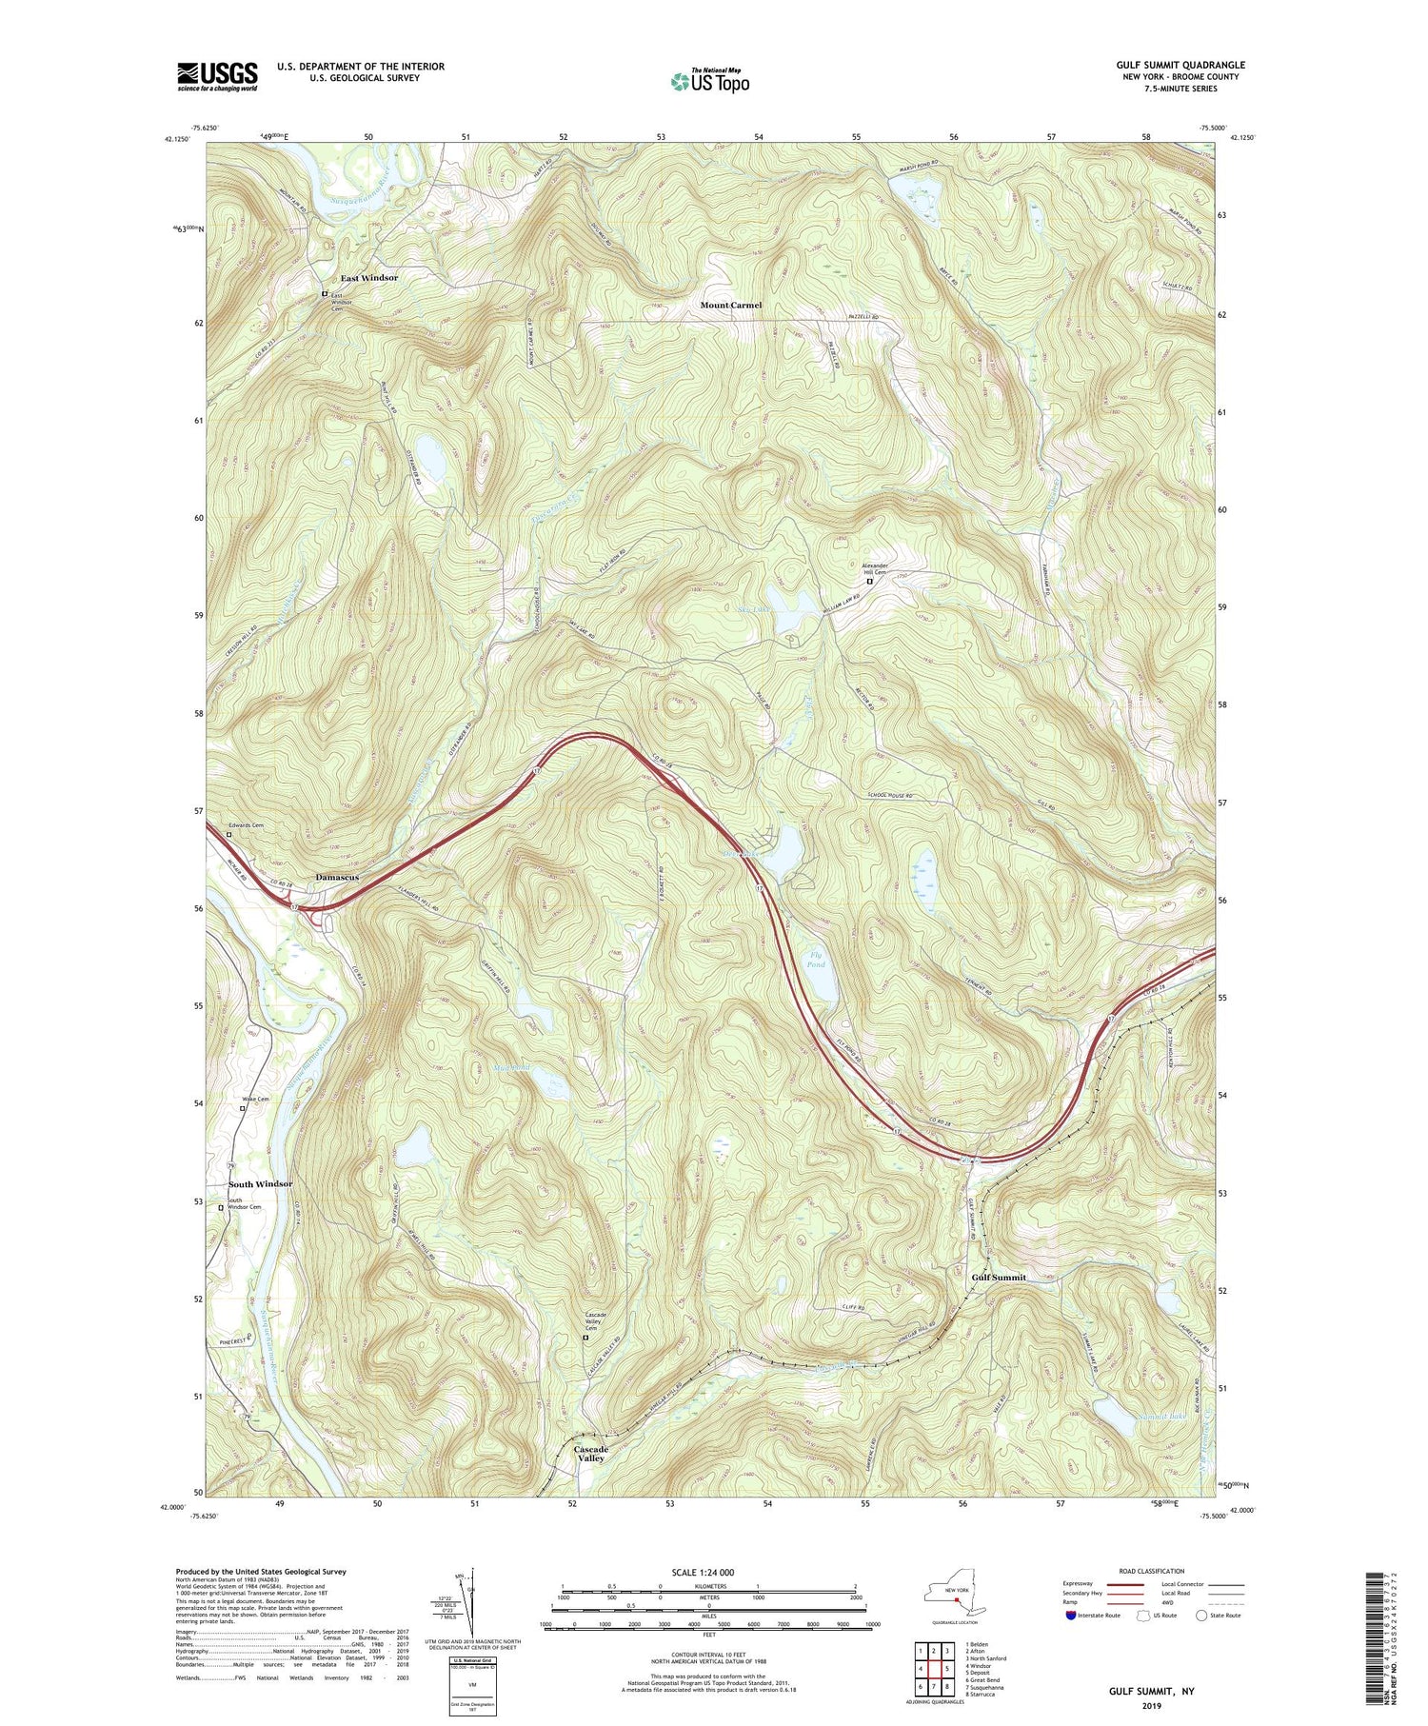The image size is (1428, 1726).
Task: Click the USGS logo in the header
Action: tap(217, 76)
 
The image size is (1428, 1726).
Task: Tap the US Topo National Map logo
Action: tap(709, 80)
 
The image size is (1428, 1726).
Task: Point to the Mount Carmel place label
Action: tap(731, 305)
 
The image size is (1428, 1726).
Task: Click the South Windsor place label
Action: tap(260, 1183)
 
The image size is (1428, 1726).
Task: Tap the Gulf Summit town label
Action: tap(998, 1277)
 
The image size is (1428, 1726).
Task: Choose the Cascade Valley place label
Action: tap(590, 1454)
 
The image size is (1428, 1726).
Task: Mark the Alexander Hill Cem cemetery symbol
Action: tap(869, 581)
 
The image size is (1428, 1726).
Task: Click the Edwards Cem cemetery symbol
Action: tap(228, 835)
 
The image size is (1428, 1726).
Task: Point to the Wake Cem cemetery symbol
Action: tap(243, 1108)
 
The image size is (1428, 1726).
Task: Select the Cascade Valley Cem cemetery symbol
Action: tap(585, 1338)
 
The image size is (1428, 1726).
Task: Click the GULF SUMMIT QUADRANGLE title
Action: tap(1180, 65)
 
